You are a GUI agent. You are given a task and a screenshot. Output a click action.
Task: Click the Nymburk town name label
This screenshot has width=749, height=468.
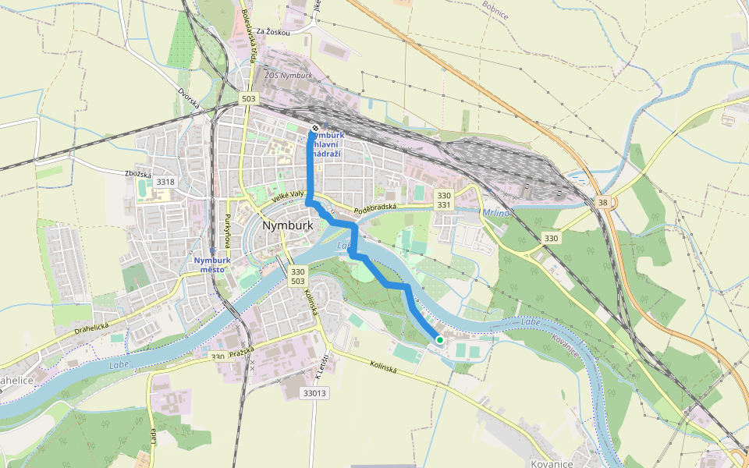coord(288,225)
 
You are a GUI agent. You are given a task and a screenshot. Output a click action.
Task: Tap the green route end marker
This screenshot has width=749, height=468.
coord(440,340)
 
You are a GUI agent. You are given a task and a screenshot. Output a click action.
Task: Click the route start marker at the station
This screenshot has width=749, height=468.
coord(314,128)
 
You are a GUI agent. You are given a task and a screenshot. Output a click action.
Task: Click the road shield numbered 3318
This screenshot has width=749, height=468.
coord(165,182)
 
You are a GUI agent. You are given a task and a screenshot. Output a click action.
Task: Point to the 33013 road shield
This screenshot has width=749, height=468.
coord(314,393)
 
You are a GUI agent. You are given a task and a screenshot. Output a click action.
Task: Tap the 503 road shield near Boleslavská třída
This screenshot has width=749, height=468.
coord(249,99)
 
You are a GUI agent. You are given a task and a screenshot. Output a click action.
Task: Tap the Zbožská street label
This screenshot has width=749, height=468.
coord(137,174)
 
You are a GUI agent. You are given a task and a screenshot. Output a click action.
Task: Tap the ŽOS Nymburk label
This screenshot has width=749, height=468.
coord(288,76)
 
